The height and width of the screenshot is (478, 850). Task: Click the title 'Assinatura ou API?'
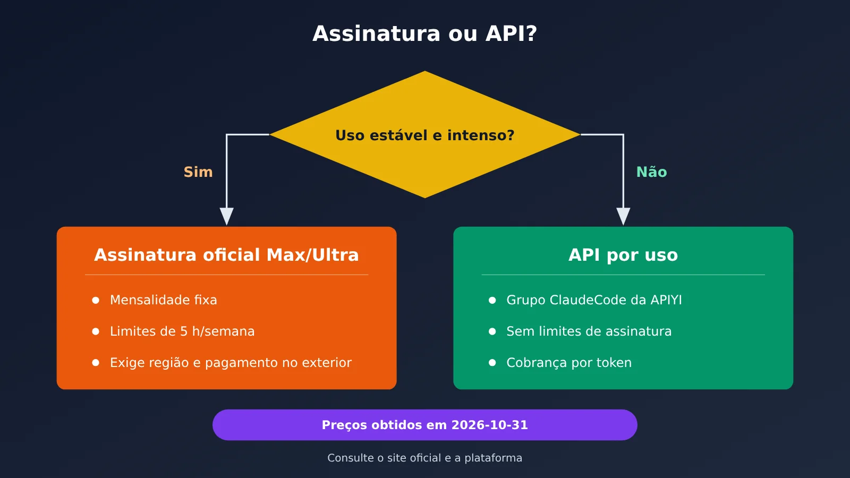(424, 34)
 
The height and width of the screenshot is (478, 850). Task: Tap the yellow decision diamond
(425, 134)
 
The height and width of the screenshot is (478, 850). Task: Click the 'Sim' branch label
(198, 172)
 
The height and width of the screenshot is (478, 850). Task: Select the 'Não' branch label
(651, 172)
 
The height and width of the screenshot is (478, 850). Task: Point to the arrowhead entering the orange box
(226, 216)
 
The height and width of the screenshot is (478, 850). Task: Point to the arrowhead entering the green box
(623, 216)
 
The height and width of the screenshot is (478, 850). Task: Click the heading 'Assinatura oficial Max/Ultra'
(226, 255)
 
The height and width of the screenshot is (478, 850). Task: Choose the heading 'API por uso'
(623, 255)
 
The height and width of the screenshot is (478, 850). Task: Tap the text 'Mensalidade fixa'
(164, 300)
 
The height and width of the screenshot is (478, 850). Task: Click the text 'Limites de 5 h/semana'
(182, 331)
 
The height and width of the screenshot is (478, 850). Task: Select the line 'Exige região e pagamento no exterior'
(231, 363)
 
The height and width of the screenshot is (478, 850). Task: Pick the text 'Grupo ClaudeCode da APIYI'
(594, 300)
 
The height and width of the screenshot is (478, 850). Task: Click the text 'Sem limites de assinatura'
(589, 331)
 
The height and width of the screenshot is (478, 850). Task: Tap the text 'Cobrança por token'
(569, 363)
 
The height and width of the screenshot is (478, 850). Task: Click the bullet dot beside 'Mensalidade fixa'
(96, 301)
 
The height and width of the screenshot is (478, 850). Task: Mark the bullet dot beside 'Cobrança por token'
(492, 363)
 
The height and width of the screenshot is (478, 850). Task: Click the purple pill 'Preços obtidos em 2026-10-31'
(425, 425)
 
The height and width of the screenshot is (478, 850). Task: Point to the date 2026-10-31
(489, 425)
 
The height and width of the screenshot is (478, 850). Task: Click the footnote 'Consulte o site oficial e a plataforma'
(425, 458)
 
